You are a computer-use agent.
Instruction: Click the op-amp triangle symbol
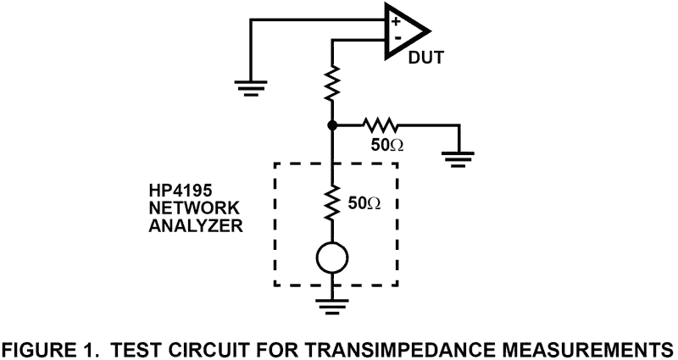(x=405, y=31)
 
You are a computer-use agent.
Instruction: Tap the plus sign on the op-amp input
(x=395, y=21)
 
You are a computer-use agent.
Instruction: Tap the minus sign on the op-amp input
(x=395, y=39)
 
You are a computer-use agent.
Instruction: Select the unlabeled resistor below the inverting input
(x=332, y=85)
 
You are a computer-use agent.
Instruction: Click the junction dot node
(x=332, y=125)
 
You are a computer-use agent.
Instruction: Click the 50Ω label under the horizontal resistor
(x=387, y=145)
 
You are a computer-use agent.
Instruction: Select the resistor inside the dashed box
(x=332, y=204)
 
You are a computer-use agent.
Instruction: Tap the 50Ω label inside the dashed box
(x=366, y=203)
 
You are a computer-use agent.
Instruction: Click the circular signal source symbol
(x=332, y=258)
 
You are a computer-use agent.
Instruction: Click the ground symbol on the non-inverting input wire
(x=249, y=84)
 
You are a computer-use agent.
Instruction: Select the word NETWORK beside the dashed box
(x=183, y=209)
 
